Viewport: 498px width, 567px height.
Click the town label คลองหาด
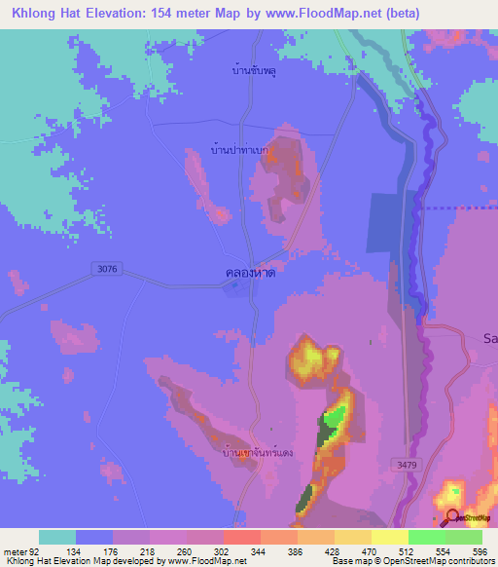(251, 275)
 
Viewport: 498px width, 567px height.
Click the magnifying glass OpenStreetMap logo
(451, 518)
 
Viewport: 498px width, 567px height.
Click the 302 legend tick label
(223, 550)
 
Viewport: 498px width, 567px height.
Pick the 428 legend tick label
(334, 550)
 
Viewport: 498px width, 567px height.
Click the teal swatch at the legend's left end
(57, 537)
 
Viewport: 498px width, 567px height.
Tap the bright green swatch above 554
(426, 537)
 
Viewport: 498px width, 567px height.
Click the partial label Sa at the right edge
(490, 337)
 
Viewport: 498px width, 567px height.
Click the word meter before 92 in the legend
(17, 550)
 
